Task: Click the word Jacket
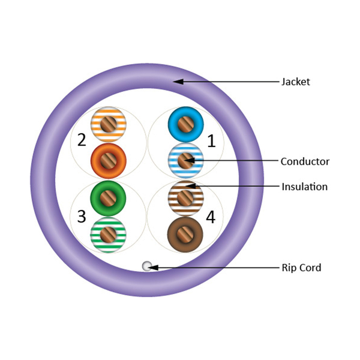295,82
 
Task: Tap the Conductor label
305,161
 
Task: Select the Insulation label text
304,187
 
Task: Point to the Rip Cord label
301,268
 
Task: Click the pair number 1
211,141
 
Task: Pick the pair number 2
82,141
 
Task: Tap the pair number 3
82,216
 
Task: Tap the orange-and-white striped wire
108,125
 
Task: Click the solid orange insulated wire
108,160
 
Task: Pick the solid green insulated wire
108,197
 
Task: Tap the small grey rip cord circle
146,266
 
